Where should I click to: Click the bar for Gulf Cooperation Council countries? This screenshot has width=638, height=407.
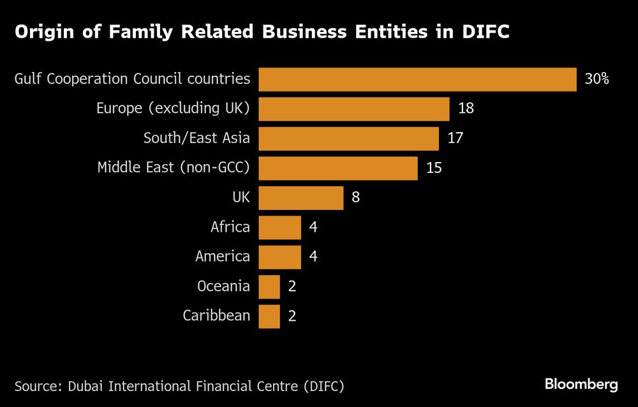coord(417,80)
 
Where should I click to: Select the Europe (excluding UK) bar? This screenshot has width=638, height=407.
coord(354,109)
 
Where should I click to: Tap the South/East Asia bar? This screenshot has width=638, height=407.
coord(348,138)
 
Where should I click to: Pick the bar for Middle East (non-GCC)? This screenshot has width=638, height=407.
coord(338,168)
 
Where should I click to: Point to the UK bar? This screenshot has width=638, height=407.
coord(301,198)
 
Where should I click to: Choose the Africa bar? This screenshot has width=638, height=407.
coord(279,227)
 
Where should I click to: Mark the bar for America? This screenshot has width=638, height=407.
coord(279,257)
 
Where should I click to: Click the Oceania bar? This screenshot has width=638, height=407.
coord(269,286)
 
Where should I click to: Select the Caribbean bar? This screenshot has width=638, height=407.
coord(269,316)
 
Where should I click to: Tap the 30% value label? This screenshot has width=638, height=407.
coord(597,80)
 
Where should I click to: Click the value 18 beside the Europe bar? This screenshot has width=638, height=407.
coord(466,109)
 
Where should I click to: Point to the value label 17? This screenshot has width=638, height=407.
coord(455,138)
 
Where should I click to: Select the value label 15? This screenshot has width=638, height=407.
coord(434,168)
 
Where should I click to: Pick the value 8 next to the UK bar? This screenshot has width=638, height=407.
coord(356,198)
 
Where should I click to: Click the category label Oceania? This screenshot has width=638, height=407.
coord(223,286)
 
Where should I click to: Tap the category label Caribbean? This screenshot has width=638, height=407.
coord(216,316)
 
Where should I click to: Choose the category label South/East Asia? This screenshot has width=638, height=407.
coord(197,138)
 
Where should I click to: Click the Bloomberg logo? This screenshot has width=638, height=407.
coord(581,384)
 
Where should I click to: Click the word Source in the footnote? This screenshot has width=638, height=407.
coord(36,386)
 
